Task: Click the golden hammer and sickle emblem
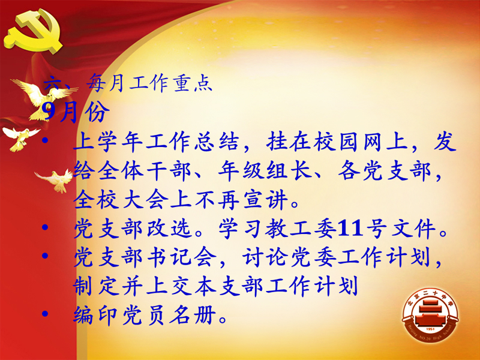(33, 31)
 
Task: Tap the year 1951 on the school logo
(430, 329)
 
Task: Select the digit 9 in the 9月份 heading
(49, 112)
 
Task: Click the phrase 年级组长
(265, 170)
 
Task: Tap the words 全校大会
(121, 199)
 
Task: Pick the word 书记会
(182, 257)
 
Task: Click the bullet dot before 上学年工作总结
(45, 140)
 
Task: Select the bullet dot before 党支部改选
(45, 227)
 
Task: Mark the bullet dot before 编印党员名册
(45, 313)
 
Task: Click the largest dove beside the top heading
(43, 98)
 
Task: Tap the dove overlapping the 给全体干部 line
(56, 180)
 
